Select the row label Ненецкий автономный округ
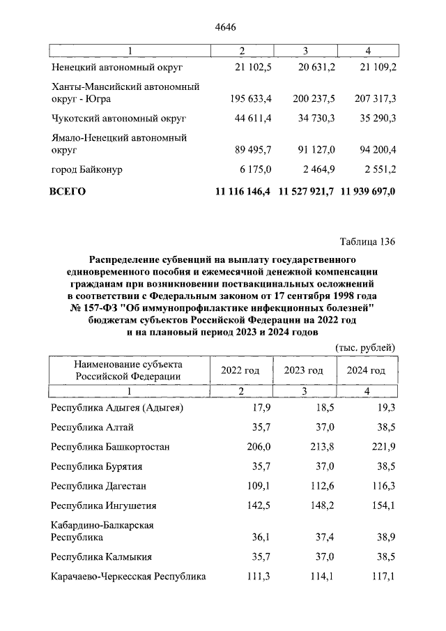tap(116, 67)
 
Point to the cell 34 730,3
tap(313, 118)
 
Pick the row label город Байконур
tap(91, 168)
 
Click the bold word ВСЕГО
tap(68, 191)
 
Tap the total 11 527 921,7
tap(306, 191)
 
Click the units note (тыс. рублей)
tap(366, 347)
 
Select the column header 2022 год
tap(240, 370)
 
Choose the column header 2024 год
tap(366, 370)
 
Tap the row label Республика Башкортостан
tap(110, 446)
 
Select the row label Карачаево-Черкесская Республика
tap(129, 577)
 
